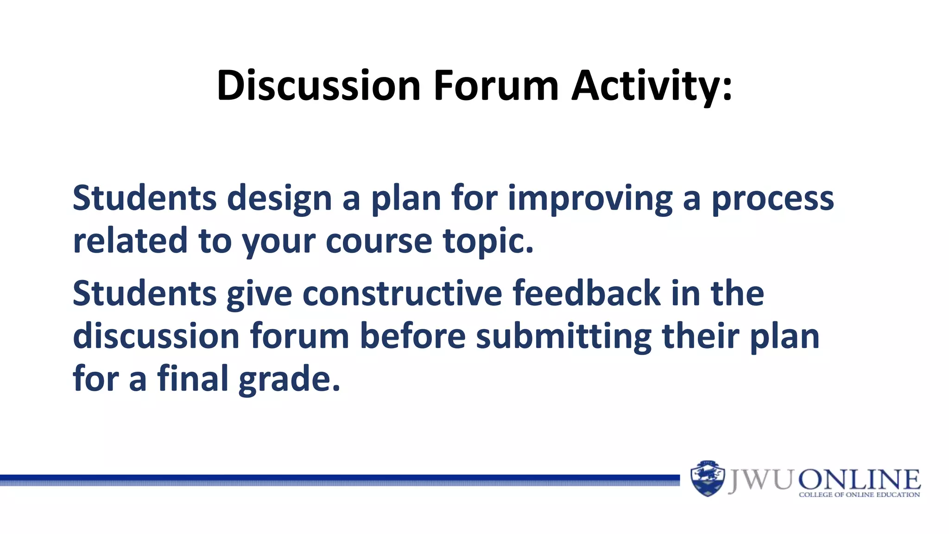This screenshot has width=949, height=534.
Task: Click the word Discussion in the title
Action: (318, 86)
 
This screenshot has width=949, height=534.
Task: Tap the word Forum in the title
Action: (496, 86)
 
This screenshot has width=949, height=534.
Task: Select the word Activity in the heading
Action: (644, 87)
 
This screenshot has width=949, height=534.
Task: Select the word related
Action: (130, 241)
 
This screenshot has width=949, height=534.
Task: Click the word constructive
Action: (402, 294)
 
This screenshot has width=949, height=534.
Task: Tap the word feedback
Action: (586, 293)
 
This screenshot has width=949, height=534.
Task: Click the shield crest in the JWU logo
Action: (707, 478)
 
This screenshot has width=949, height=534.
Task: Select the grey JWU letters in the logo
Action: (760, 480)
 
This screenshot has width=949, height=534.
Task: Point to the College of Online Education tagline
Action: (859, 495)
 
